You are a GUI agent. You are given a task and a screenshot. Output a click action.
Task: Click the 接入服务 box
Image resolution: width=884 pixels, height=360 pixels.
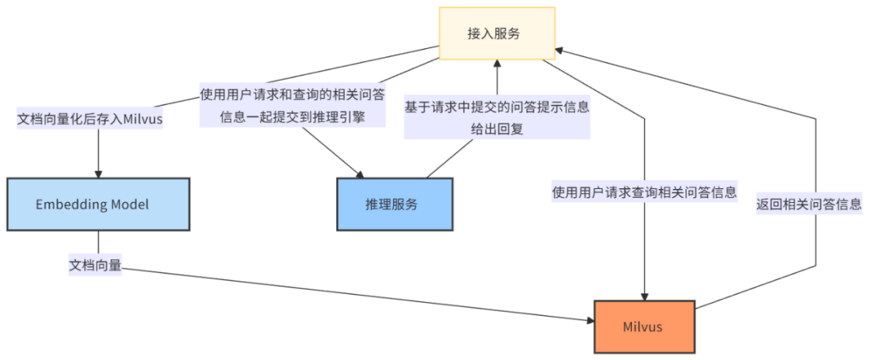click(x=497, y=34)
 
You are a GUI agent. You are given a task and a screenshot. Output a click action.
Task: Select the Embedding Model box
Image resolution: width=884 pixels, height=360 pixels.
click(x=98, y=205)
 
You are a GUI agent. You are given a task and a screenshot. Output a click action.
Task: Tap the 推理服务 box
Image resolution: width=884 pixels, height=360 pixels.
click(x=395, y=205)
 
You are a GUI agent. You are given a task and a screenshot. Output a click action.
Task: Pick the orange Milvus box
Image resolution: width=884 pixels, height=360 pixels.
click(x=644, y=326)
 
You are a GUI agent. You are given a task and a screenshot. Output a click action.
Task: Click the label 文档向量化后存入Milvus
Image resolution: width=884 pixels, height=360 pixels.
click(x=90, y=119)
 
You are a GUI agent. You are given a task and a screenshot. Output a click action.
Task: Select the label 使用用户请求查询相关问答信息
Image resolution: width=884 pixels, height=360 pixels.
click(x=644, y=193)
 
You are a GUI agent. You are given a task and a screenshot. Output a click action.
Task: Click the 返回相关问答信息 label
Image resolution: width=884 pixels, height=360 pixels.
click(x=810, y=205)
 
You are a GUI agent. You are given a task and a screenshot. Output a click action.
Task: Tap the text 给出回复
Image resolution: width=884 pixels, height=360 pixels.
click(x=497, y=128)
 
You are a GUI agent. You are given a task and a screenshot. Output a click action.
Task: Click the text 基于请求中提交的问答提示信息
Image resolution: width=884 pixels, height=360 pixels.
click(x=497, y=106)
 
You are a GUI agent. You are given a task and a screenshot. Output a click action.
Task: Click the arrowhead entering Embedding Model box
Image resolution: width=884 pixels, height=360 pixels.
click(x=98, y=172)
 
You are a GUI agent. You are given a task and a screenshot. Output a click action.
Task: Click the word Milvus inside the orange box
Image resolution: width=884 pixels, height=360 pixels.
click(x=644, y=326)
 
